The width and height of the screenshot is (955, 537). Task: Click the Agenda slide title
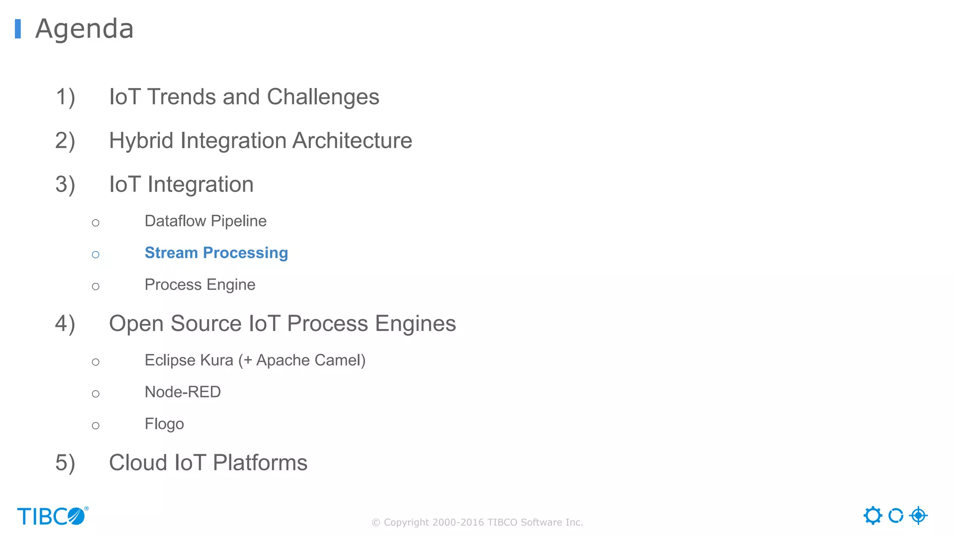[84, 29]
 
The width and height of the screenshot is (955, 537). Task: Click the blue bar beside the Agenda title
[18, 29]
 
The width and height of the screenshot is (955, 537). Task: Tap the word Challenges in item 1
[323, 97]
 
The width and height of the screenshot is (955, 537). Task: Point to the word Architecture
[352, 141]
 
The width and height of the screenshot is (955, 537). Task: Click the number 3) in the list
[65, 185]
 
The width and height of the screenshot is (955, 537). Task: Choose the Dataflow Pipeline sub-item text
[205, 221]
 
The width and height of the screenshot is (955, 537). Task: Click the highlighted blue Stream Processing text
[216, 253]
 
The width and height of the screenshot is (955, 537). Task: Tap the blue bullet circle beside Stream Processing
[96, 255]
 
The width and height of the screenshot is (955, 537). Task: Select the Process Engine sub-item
[200, 284]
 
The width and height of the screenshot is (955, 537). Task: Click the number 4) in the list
[65, 324]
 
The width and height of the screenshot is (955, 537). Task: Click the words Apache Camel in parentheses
[310, 360]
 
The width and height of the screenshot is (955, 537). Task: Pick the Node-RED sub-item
[182, 392]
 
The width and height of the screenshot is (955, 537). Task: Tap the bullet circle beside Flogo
[96, 426]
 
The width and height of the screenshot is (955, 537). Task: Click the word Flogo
[164, 424]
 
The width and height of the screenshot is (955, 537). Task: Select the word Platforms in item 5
[260, 463]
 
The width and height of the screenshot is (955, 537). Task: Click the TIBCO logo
[52, 516]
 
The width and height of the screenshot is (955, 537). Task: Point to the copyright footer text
[477, 522]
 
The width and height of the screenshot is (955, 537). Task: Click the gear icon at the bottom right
[872, 516]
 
